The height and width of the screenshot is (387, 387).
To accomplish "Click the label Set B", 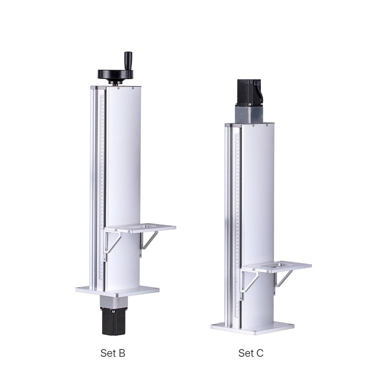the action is (113, 353).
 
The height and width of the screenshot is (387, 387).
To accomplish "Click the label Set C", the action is (251, 353).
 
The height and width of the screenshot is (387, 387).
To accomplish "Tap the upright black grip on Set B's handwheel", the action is (128, 60).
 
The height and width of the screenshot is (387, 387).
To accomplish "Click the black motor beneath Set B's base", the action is (113, 321).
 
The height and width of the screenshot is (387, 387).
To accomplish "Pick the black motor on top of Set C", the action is (249, 92).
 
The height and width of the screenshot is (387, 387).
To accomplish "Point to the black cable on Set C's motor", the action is (259, 92).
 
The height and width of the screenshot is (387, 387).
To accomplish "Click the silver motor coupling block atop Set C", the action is (248, 114).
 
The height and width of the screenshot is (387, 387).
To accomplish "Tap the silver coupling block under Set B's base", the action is (114, 302).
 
